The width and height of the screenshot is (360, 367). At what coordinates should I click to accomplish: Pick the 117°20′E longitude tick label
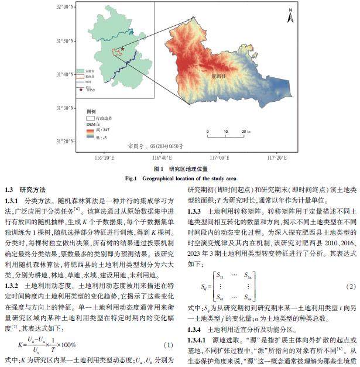pos(275,157)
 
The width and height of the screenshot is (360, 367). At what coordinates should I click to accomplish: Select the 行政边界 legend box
pos(91,118)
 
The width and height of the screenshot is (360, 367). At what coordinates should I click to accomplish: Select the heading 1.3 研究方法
pos(25,190)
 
